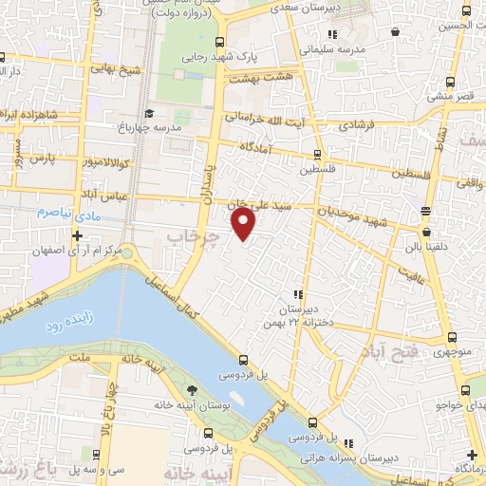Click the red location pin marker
[x=244, y=224]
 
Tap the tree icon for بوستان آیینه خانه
[x=193, y=391]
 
